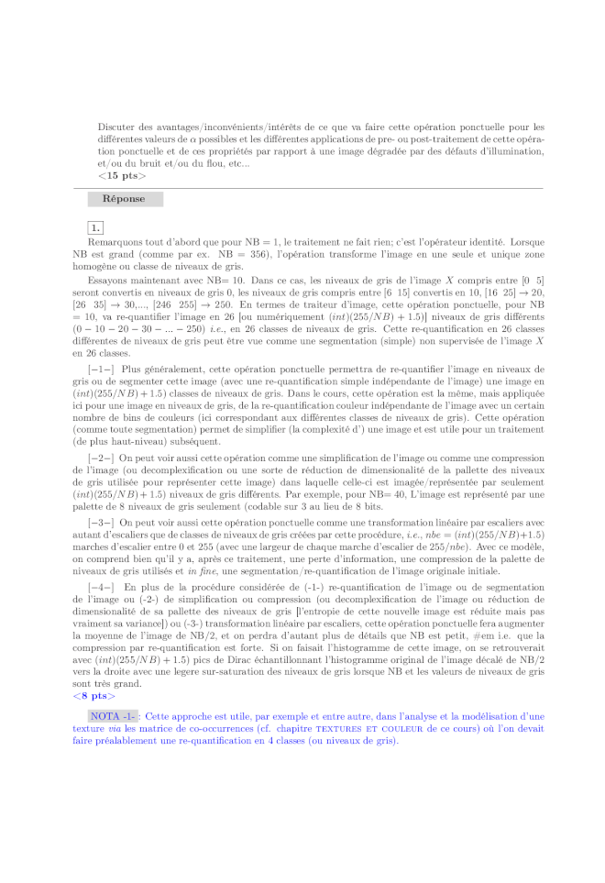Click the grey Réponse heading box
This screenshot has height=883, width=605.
pos(125,199)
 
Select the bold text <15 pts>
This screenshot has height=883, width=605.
pos(121,174)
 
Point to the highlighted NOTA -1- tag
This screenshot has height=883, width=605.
pos(113,715)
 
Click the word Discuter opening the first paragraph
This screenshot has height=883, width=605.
pos(116,127)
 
